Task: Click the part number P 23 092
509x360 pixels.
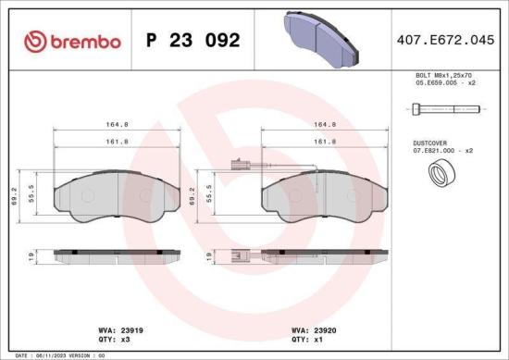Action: pyautogui.click(x=193, y=41)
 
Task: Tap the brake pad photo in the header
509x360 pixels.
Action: pyautogui.click(x=318, y=36)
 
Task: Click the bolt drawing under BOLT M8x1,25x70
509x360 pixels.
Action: pyautogui.click(x=445, y=109)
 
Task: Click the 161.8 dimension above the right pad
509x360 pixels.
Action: pyautogui.click(x=324, y=142)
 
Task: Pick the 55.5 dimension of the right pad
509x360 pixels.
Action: pyautogui.click(x=210, y=195)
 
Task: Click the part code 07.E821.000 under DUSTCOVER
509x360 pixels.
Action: pyautogui.click(x=442, y=151)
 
